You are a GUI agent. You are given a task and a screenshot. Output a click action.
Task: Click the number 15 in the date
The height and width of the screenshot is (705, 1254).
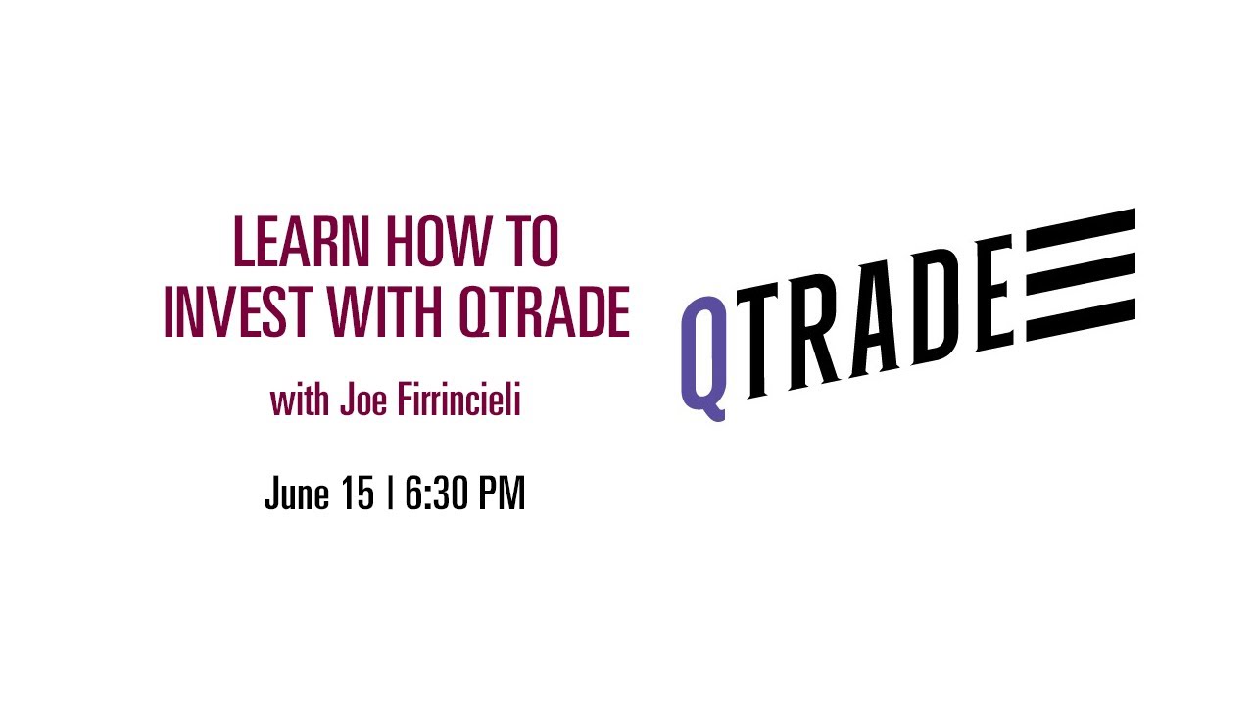click(x=358, y=493)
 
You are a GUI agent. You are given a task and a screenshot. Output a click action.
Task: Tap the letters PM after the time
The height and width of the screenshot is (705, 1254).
click(x=500, y=493)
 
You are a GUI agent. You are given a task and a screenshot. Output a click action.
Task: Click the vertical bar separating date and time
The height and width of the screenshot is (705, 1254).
click(x=390, y=493)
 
